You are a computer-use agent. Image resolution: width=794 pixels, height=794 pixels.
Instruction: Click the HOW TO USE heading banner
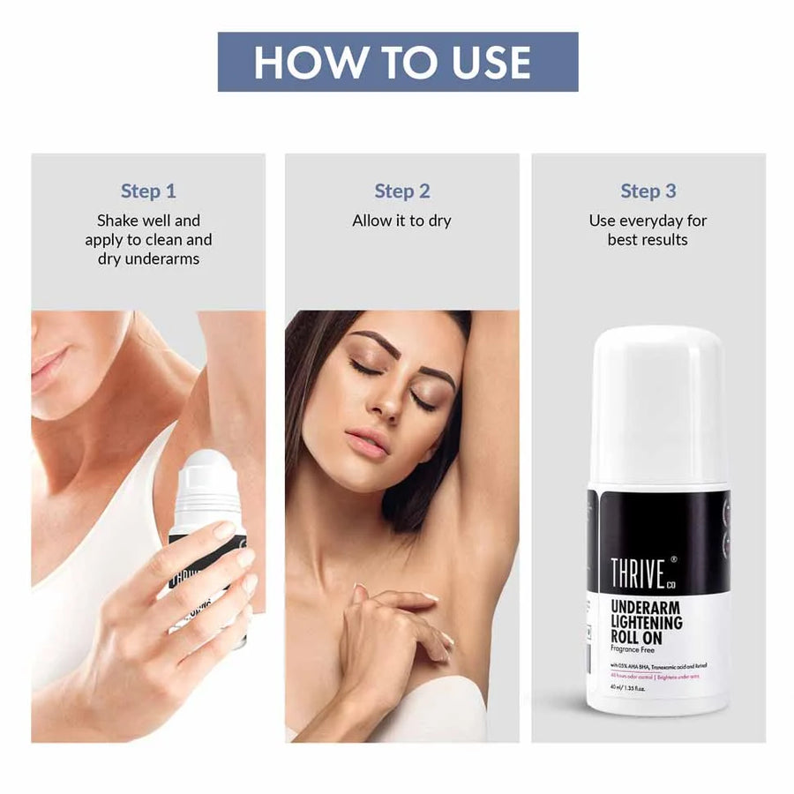(x=398, y=62)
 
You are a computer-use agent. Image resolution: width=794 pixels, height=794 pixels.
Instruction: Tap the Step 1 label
(x=148, y=191)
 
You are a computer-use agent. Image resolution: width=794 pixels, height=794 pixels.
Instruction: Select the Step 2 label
(x=401, y=191)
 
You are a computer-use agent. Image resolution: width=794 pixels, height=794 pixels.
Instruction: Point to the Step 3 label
(x=648, y=191)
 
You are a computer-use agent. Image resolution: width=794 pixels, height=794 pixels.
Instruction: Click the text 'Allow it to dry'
(x=401, y=221)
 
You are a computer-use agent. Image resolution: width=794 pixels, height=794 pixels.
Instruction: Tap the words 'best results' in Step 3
(x=648, y=239)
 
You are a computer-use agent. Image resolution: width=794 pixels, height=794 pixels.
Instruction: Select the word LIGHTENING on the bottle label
(x=647, y=622)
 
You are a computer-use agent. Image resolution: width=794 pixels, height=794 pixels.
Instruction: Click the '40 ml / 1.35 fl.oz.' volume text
(x=629, y=688)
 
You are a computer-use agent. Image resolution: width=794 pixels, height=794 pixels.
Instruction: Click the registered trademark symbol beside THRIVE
(x=674, y=558)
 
